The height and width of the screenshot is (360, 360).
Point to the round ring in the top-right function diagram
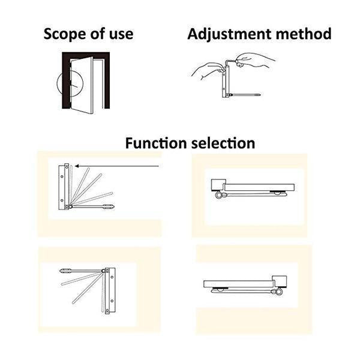(x=215, y=194)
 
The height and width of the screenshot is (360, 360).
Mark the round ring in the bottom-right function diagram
(x=277, y=293)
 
